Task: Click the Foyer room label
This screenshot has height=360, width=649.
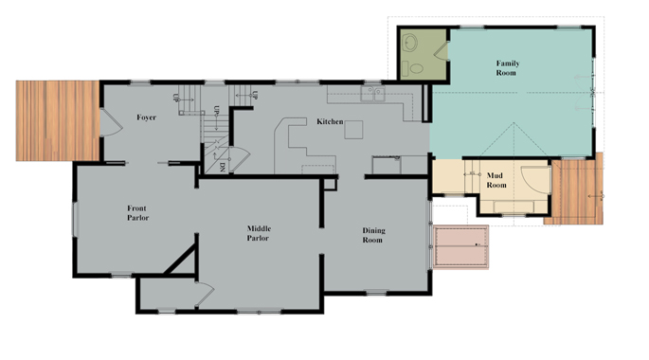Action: pyautogui.click(x=146, y=117)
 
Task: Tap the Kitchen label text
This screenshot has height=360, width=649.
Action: pyautogui.click(x=329, y=121)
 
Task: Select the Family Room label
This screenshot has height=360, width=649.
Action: pyautogui.click(x=508, y=67)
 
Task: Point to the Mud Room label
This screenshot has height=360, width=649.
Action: pyautogui.click(x=496, y=180)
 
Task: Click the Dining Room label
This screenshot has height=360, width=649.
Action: pyautogui.click(x=372, y=235)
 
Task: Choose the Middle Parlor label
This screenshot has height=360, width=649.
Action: pyautogui.click(x=259, y=233)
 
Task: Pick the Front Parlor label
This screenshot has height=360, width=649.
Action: pyautogui.click(x=138, y=212)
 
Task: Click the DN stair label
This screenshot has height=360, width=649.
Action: pyautogui.click(x=222, y=168)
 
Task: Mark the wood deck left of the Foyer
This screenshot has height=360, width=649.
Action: pyautogui.click(x=58, y=120)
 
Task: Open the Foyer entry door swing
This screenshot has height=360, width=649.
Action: pyautogui.click(x=109, y=121)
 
